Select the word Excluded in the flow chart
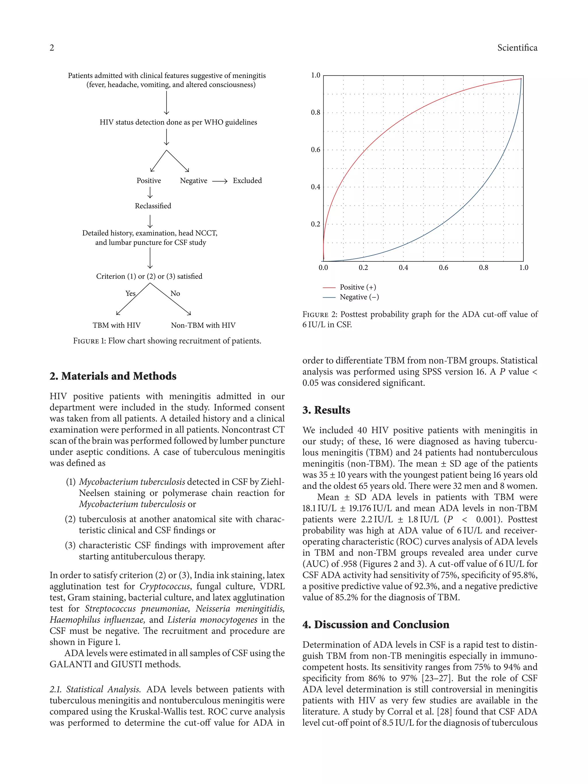(x=247, y=180)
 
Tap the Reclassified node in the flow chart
(x=153, y=206)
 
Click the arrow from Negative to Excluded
(x=219, y=181)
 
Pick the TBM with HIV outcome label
(x=117, y=325)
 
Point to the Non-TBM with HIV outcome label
(x=203, y=325)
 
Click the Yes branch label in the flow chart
(x=130, y=293)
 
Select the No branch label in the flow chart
(x=175, y=293)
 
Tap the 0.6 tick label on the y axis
(x=316, y=150)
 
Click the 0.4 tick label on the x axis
(x=403, y=268)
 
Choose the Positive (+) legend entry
(x=357, y=287)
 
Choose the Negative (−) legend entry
(x=359, y=297)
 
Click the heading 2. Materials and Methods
(x=113, y=376)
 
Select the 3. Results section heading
(x=326, y=410)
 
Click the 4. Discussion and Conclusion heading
(x=376, y=624)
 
